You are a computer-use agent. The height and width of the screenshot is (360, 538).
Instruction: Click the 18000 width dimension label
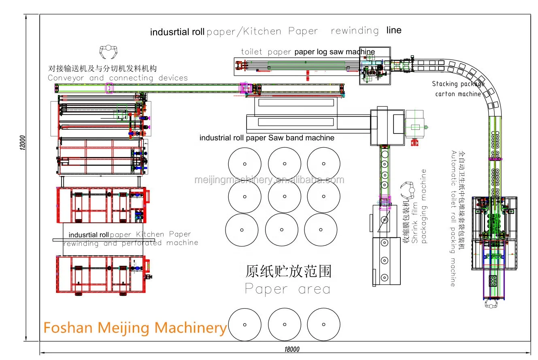coord(292,349)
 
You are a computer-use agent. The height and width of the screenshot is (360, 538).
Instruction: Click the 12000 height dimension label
coord(22,143)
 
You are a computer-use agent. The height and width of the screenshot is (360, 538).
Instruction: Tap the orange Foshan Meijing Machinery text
coord(135,328)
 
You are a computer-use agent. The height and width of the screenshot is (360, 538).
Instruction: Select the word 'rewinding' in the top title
coord(355,31)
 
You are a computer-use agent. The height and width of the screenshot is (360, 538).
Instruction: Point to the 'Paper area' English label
coord(288,289)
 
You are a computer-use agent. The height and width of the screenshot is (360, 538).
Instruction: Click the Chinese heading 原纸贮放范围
coord(289,271)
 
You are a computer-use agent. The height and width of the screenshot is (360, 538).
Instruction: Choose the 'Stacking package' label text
coord(458,84)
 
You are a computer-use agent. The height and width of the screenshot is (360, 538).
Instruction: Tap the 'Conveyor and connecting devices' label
coord(118,78)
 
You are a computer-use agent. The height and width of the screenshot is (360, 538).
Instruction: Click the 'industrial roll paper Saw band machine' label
coord(267,138)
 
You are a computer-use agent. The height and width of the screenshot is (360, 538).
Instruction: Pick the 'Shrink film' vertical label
coord(415,223)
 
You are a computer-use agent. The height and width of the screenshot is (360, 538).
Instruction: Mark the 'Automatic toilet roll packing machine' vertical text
coord(453,218)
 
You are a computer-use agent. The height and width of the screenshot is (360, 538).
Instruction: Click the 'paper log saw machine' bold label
coord(334,52)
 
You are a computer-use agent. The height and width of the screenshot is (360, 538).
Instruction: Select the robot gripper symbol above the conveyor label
coord(108,52)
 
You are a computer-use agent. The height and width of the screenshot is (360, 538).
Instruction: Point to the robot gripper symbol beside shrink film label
coord(408,190)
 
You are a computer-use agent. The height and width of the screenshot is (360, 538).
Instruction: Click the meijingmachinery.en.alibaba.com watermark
coord(269,180)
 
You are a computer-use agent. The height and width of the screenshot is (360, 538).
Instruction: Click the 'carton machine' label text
coord(458,94)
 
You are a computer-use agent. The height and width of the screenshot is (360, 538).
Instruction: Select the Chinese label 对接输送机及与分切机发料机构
coord(102,69)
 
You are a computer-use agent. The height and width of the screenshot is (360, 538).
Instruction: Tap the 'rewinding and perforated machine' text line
coord(131,243)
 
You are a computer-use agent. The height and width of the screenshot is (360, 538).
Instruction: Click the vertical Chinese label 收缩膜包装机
coord(406,222)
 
